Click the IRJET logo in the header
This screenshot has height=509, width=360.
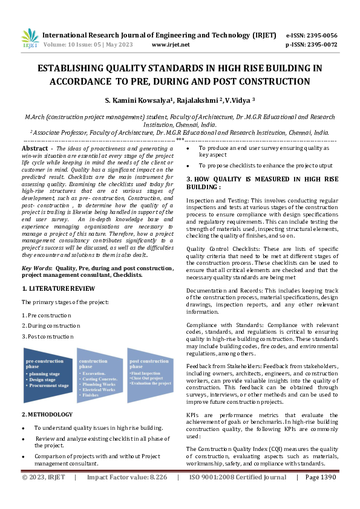click(30, 39)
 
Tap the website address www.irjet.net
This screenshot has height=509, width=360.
click(171, 45)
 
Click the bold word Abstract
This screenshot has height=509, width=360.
click(34, 148)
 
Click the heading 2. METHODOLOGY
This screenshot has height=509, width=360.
click(47, 414)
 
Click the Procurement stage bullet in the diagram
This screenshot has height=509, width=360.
click(49, 385)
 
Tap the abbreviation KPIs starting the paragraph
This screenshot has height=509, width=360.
click(194, 416)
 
